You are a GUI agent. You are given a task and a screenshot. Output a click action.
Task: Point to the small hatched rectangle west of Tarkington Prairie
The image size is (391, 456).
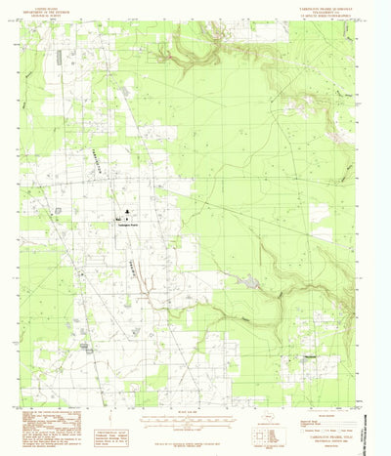(x=60, y=210)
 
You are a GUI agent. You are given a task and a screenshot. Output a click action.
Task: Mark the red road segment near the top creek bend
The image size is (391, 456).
(x=169, y=59)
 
